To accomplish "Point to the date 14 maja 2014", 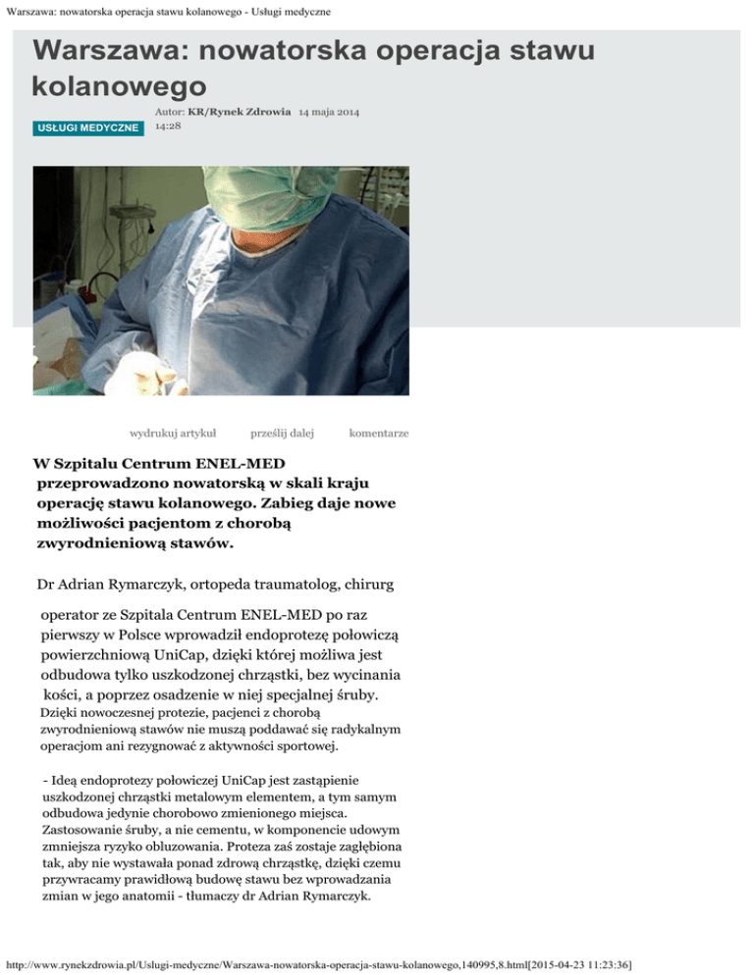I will [329, 113].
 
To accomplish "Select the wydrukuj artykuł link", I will [174, 433].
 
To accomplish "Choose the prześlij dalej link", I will [282, 433].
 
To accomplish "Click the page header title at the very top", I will [166, 11].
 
